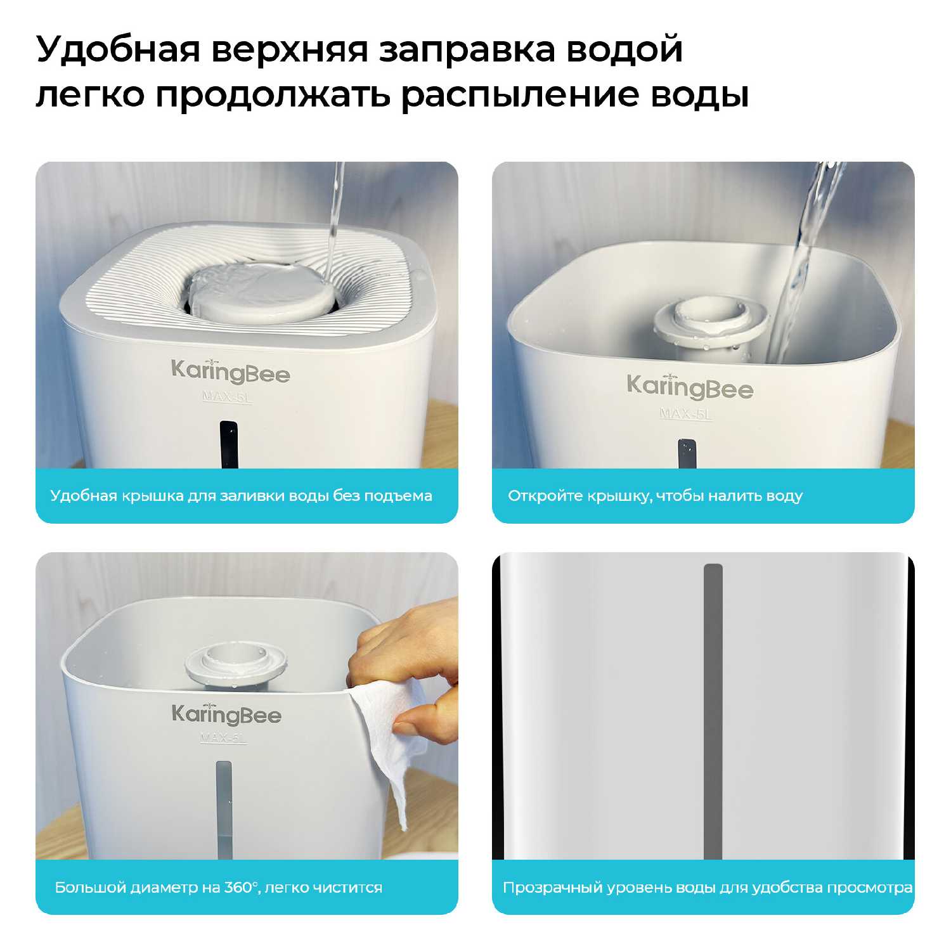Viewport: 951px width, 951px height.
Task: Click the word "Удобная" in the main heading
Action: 118,50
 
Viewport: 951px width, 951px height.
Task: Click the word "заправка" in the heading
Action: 467,50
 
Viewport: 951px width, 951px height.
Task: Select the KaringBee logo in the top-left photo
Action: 230,372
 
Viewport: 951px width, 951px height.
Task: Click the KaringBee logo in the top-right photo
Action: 690,387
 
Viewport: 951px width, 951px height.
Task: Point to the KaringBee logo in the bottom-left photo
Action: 226,715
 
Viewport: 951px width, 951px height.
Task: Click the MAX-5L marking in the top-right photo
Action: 686,413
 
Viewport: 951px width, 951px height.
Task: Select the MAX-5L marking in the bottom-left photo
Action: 223,738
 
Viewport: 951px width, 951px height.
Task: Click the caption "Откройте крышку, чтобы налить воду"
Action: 655,496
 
